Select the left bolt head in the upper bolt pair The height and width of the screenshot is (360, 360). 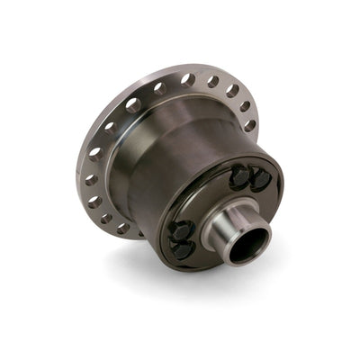pos(239,176)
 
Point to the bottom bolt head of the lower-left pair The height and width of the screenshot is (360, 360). pos(184,249)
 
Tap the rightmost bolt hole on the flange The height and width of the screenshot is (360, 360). pos(249,124)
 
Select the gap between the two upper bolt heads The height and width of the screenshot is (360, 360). pos(249,178)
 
